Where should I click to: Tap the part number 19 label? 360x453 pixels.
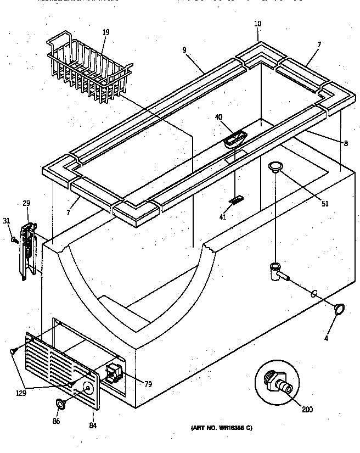click(106, 32)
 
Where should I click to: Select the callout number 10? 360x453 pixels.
click(258, 24)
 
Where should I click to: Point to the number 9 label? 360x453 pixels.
click(184, 50)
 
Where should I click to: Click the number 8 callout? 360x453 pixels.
click(346, 143)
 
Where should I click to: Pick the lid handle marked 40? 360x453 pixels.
click(235, 138)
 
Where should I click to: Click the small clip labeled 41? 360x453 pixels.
click(236, 200)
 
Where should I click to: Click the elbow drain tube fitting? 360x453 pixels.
click(276, 271)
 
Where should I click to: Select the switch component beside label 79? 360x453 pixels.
click(113, 373)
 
